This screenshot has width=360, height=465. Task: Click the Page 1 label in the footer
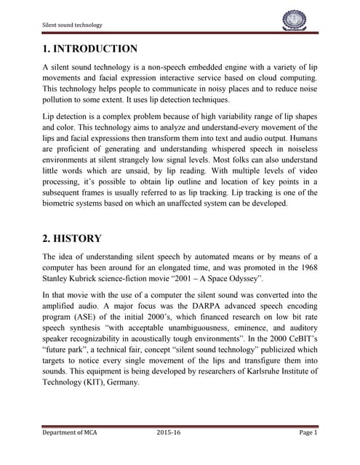(308, 433)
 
